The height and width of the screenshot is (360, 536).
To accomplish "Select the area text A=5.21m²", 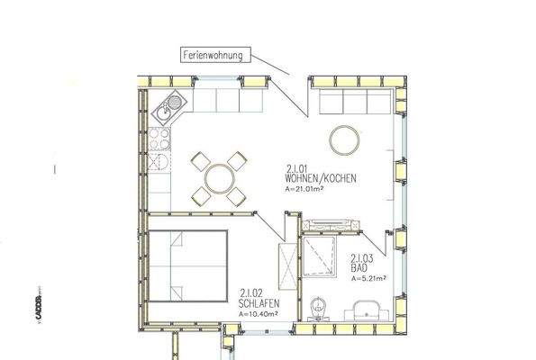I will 370,279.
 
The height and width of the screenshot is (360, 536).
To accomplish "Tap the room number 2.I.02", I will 251,292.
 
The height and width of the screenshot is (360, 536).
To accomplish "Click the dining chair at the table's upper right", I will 237,160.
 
